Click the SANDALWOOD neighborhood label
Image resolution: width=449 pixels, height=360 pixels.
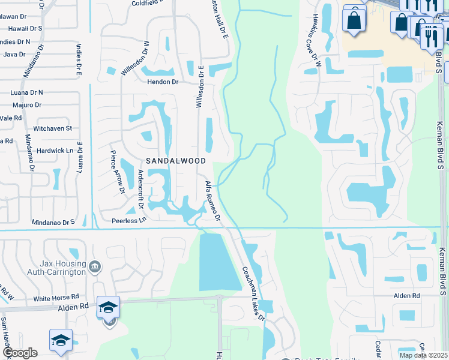pos(176,161)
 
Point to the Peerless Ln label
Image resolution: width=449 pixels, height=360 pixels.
pos(129,221)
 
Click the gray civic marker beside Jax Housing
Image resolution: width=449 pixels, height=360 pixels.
pos(94,266)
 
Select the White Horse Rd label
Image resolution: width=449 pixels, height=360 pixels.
pos(56,298)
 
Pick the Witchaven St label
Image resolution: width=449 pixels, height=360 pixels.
pos(53,128)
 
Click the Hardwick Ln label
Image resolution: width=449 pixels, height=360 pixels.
pos(54,151)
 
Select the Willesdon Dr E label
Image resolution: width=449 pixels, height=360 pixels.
pos(200,86)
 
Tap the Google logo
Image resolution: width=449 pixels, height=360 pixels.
pos(19,353)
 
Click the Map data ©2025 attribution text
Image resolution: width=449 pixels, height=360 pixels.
pos(423,355)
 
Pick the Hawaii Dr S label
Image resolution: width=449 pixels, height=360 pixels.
pos(24,28)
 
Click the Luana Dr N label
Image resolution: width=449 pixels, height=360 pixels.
pos(27,92)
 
